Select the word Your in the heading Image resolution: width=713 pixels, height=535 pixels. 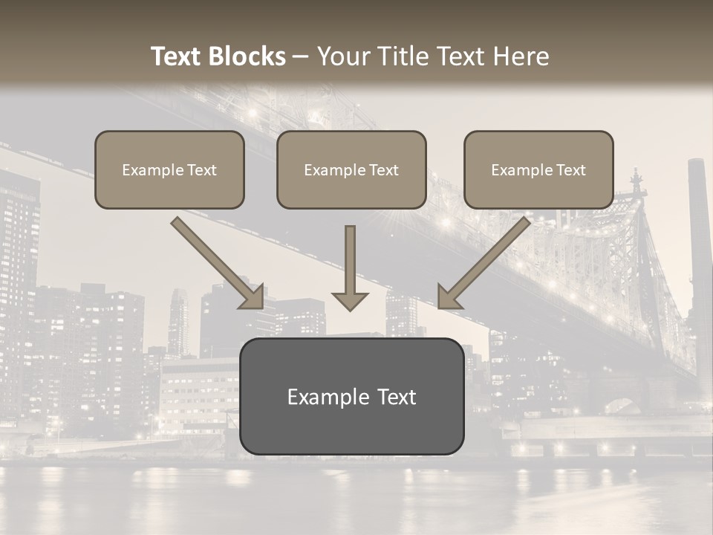click(343, 56)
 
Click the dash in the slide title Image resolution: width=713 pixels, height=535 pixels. click(301, 57)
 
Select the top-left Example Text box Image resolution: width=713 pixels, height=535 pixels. click(169, 169)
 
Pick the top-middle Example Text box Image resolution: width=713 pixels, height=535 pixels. click(351, 169)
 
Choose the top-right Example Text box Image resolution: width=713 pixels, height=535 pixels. click(538, 169)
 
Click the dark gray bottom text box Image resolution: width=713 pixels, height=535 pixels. click(351, 396)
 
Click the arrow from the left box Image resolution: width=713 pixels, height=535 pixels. click(218, 262)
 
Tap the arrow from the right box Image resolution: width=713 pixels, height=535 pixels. click(484, 262)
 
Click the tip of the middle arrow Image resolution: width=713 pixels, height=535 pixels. click(350, 308)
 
